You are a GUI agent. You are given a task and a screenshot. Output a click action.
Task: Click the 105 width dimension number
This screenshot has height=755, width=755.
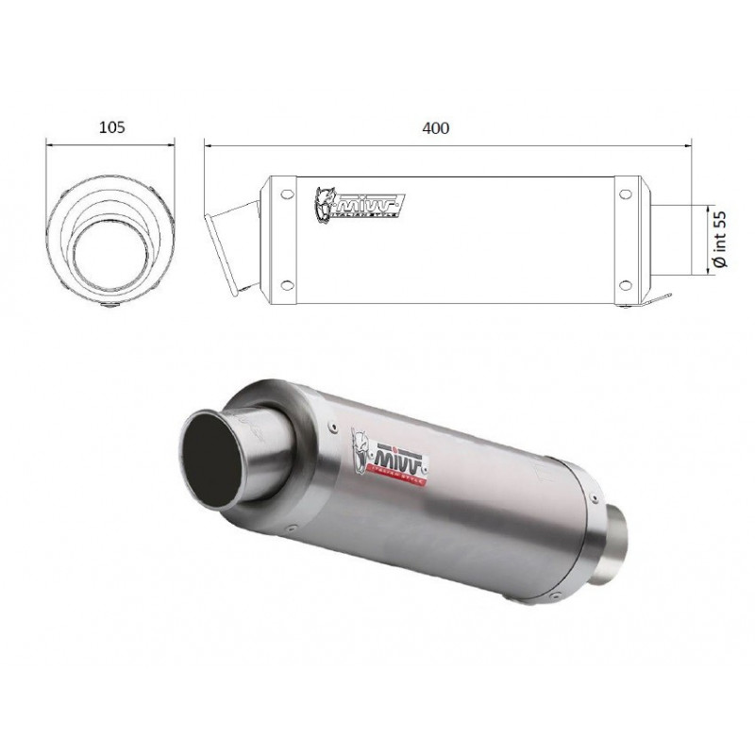coord(111,126)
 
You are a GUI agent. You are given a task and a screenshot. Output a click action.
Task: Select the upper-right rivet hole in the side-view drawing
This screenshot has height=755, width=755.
coord(624,195)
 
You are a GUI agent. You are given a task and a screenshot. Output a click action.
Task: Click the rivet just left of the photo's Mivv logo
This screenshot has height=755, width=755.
coord(334,427)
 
